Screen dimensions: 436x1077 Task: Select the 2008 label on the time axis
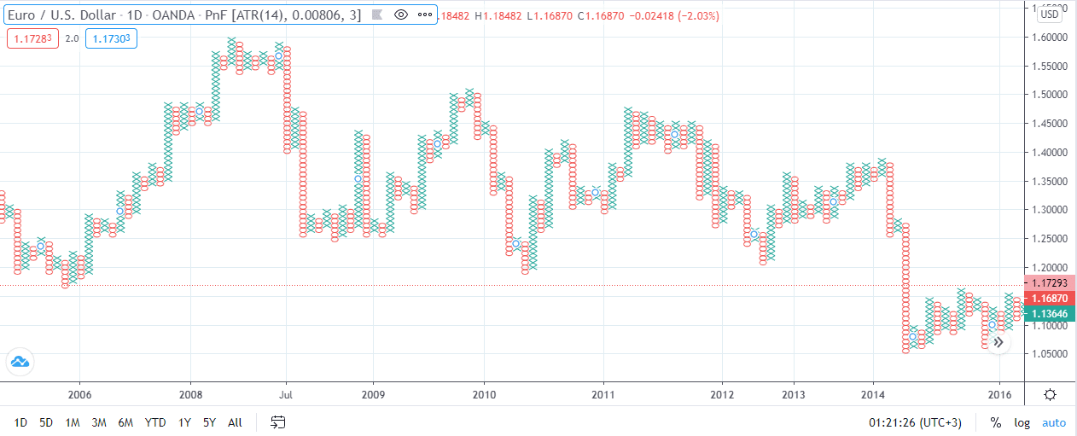(x=189, y=395)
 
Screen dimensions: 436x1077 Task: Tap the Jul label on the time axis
(x=286, y=395)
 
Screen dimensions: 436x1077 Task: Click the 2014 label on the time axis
(x=872, y=395)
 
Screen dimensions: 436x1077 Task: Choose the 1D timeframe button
(x=21, y=422)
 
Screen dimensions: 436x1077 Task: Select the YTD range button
(x=155, y=422)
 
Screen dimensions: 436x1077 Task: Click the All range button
(x=236, y=422)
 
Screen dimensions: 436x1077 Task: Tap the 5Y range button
(x=210, y=422)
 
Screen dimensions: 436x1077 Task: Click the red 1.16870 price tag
(x=1050, y=299)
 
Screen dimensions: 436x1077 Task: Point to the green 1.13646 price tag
(x=1050, y=314)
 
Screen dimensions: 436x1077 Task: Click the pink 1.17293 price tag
(x=1050, y=283)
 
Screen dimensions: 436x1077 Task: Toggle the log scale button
(x=1022, y=422)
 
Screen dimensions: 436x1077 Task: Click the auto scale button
(x=1054, y=422)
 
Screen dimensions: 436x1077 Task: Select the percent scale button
(x=995, y=422)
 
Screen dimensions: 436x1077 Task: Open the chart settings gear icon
(x=1050, y=394)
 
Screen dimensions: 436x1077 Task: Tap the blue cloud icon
(x=20, y=362)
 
